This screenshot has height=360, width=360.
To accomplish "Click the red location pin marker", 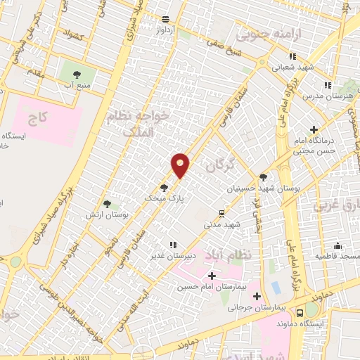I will [181, 165].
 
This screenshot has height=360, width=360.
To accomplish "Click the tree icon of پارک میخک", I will [164, 187].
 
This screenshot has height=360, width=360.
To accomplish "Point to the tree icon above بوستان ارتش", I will [107, 203].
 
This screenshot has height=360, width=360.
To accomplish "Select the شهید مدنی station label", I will [221, 224].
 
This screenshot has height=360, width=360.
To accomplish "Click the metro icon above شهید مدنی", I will [221, 213].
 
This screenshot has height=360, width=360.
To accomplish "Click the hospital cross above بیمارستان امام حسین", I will [212, 275].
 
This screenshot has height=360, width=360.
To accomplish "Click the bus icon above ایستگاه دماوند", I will [300, 312].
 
